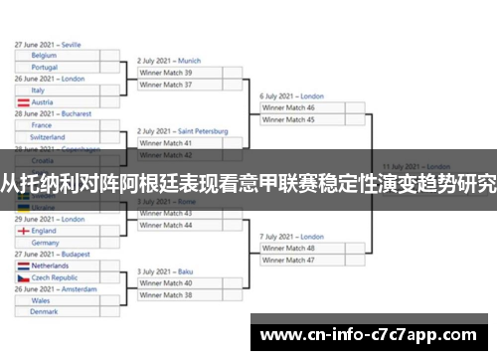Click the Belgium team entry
[x=44, y=56]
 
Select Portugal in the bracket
[x=45, y=68]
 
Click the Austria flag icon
[x=22, y=102]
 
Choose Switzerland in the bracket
[x=48, y=136]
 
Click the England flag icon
[x=22, y=231]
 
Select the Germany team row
[x=45, y=242]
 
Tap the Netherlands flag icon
[x=22, y=266]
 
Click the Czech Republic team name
[x=54, y=277]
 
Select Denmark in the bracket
[x=44, y=311]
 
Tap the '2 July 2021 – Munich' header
[x=169, y=61]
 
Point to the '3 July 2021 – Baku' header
[x=165, y=271]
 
